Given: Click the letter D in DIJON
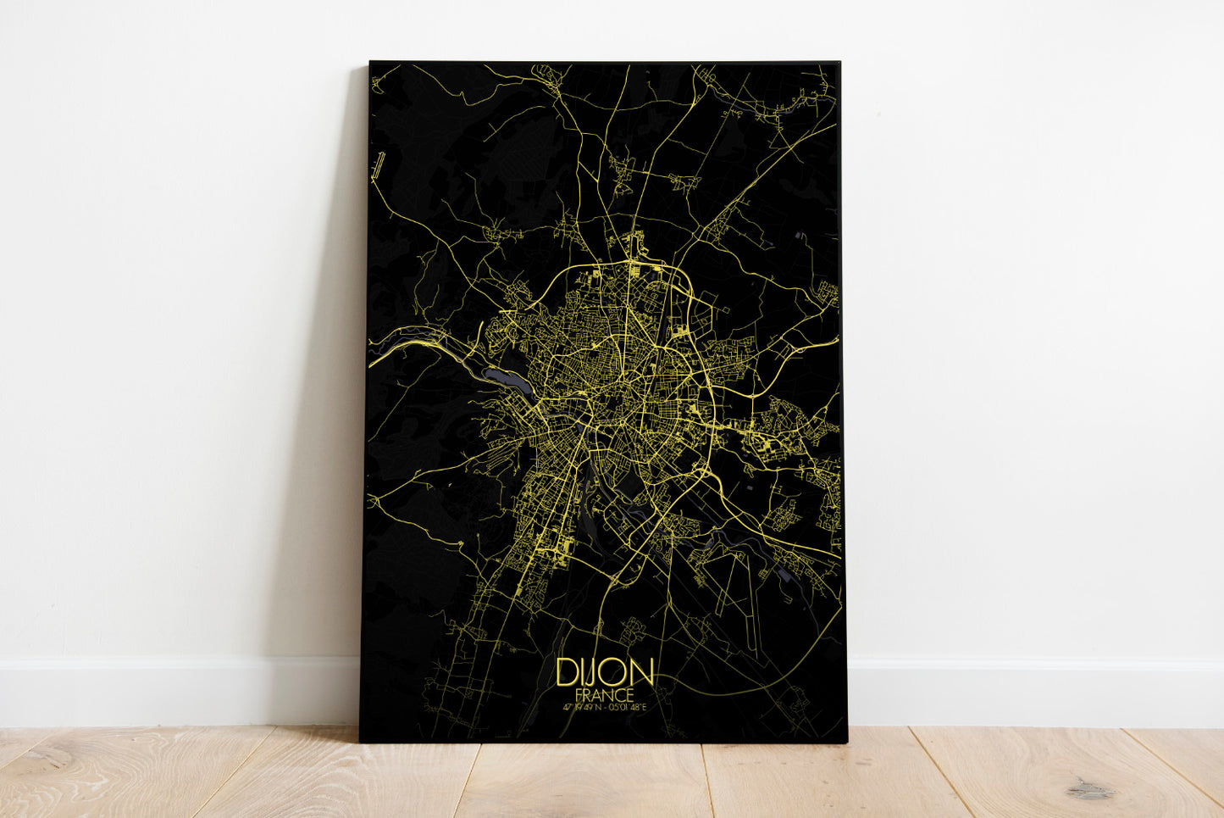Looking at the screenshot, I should [567, 673].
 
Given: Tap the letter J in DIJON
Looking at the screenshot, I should [591, 674].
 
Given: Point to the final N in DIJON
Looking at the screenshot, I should [641, 673].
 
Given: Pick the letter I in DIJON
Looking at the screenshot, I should [581, 673].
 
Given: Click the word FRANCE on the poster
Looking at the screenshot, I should [604, 694].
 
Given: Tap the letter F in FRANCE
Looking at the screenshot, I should [579, 694].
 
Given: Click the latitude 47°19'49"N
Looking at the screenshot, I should [579, 707].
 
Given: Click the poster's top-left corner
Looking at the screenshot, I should [370, 62].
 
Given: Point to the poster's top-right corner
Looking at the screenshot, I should [839, 62].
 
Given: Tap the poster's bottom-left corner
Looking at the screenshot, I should [360, 742].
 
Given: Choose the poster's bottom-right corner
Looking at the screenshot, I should [847, 743].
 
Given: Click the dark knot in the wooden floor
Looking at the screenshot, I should [1087, 791].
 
